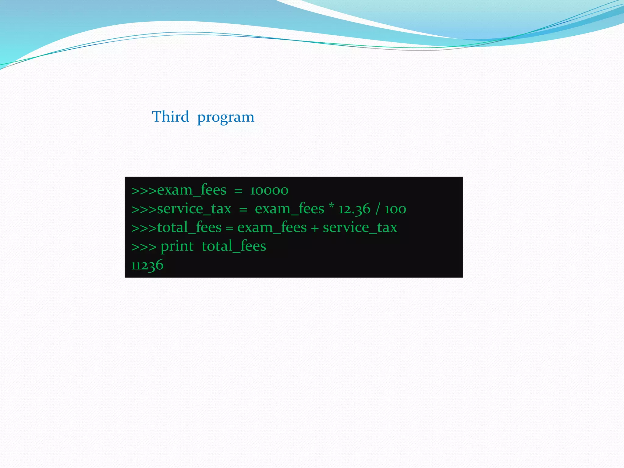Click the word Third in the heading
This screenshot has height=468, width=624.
tap(170, 117)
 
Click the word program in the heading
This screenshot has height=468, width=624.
tap(225, 117)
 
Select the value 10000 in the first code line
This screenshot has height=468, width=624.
tap(269, 190)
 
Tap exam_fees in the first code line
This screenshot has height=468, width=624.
tap(192, 190)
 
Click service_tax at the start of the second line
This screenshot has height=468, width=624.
tap(194, 209)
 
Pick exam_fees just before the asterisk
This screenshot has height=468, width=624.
tap(289, 209)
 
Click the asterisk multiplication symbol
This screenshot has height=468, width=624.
tap(331, 206)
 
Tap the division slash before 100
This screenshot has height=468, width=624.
tap(378, 209)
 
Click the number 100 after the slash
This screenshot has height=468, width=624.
tap(395, 209)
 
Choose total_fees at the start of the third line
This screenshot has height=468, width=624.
tap(189, 228)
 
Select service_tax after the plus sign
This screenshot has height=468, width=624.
tap(360, 228)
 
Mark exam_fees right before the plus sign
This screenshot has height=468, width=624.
tap(272, 228)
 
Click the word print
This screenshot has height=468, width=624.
tap(177, 246)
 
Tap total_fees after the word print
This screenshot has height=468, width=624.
tap(234, 246)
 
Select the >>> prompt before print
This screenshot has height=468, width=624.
tap(144, 247)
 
